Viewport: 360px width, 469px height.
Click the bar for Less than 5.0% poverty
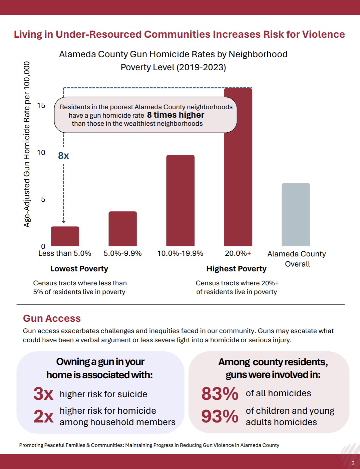click(x=65, y=236)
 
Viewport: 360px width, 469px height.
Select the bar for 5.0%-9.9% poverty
click(x=123, y=229)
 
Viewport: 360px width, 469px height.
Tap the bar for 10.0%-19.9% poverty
click(x=180, y=201)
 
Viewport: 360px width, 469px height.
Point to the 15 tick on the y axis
click(x=41, y=105)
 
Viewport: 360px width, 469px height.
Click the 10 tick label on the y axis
click(x=41, y=152)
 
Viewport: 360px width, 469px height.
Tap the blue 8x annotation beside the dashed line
click(x=63, y=156)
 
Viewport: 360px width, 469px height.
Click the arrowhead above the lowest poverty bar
click(x=64, y=222)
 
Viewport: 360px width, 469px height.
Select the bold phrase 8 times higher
click(x=176, y=115)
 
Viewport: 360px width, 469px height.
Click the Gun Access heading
click(x=52, y=318)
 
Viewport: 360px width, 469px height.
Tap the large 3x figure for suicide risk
click(x=43, y=394)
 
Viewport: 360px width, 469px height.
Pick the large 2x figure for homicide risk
click(x=43, y=416)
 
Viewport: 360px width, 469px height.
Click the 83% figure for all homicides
click(x=220, y=394)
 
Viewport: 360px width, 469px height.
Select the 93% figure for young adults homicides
click(x=220, y=416)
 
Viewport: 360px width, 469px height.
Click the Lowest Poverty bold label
click(x=79, y=269)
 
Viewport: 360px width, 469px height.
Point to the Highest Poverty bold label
click(x=236, y=269)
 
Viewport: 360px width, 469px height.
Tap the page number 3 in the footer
click(x=353, y=463)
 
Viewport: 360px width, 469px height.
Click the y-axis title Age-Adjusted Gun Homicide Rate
click(x=27, y=145)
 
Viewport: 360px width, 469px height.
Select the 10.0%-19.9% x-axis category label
click(x=180, y=254)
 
